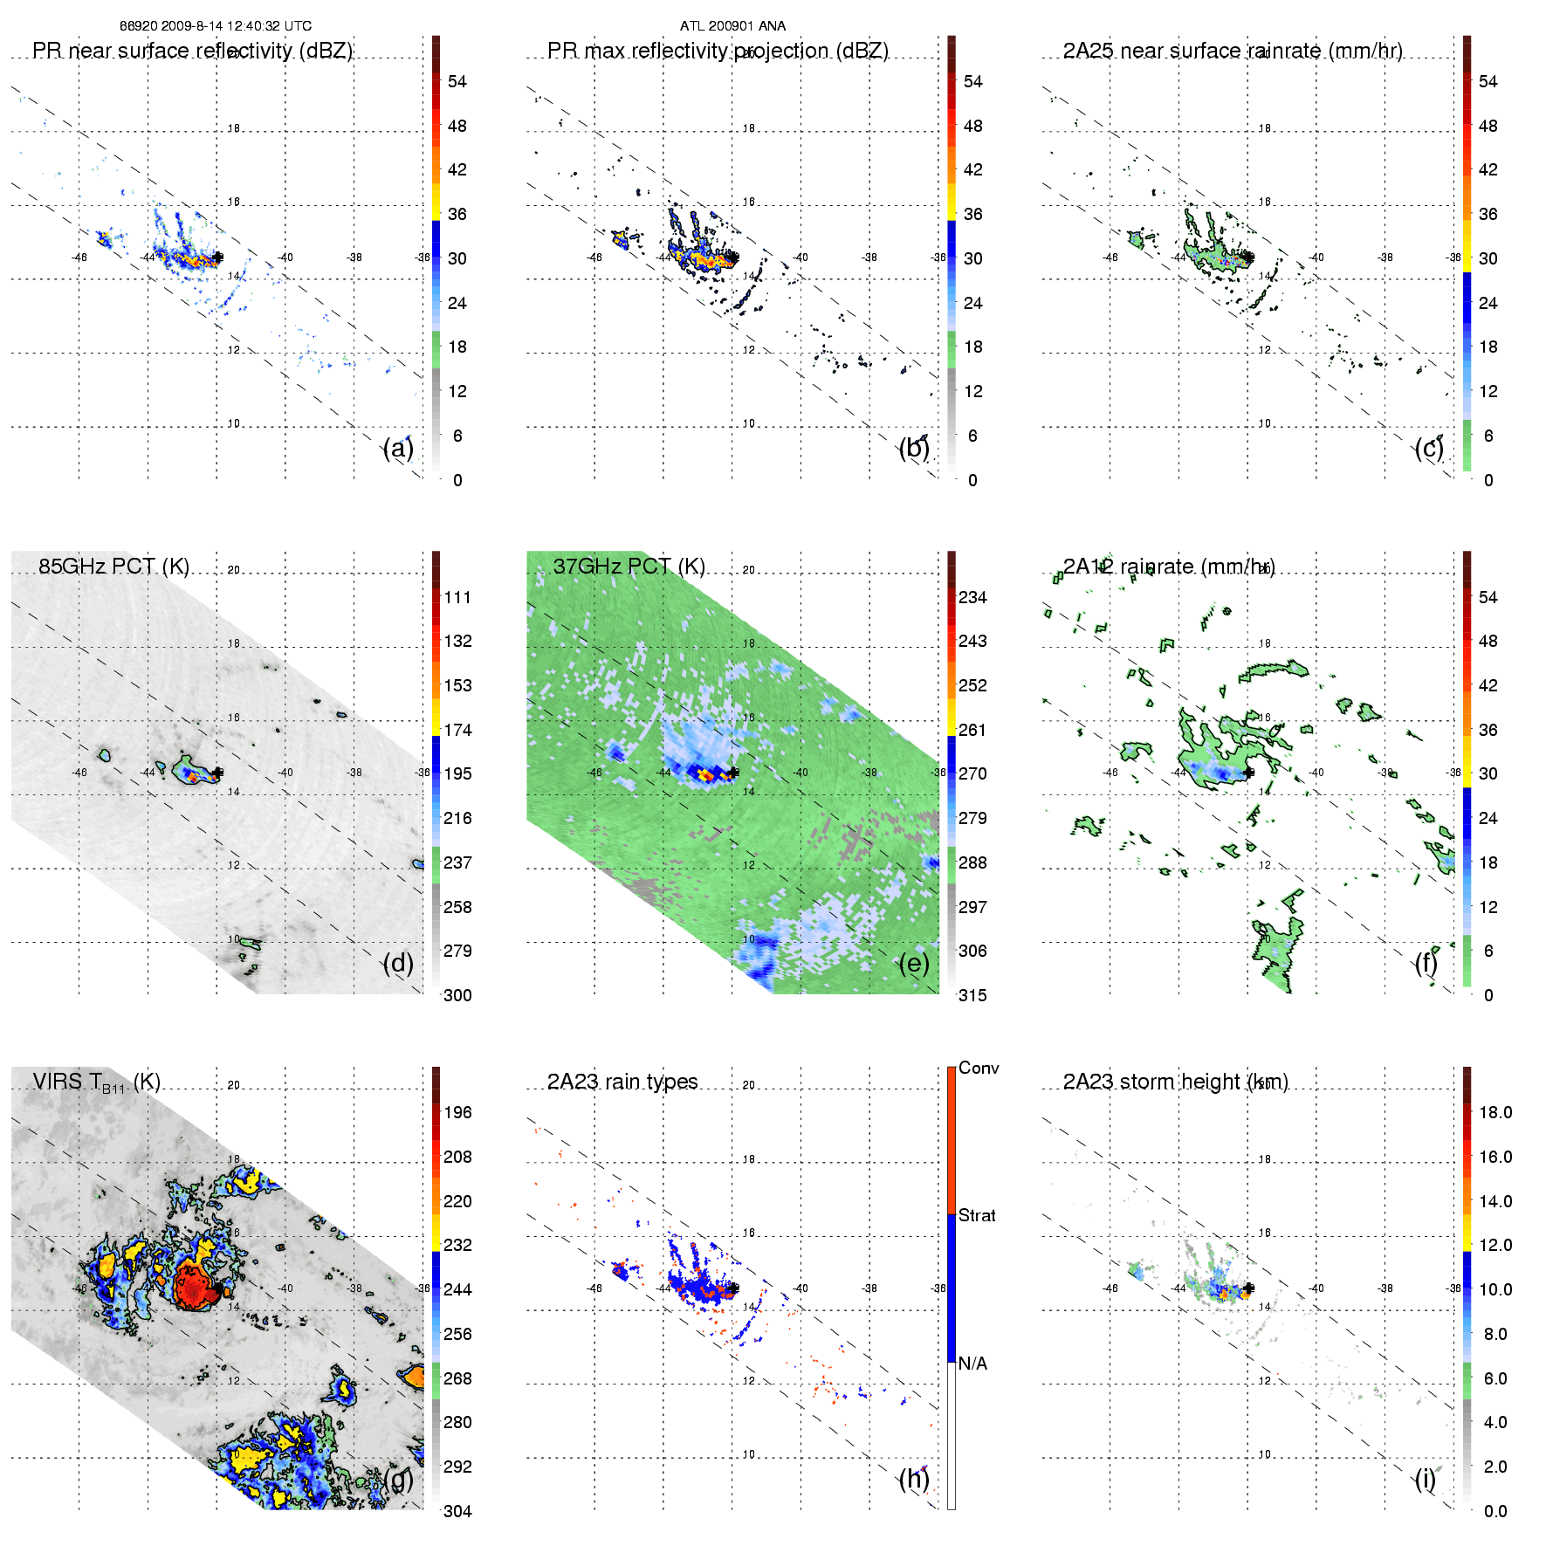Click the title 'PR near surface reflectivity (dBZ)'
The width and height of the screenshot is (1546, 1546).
click(x=192, y=51)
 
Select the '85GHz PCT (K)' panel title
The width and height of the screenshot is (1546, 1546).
click(x=113, y=566)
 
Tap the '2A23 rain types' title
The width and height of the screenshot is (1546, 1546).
click(x=622, y=1082)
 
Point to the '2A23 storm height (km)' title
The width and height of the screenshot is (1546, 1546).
click(x=1175, y=1082)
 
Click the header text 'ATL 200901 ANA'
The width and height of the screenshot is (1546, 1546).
click(x=732, y=26)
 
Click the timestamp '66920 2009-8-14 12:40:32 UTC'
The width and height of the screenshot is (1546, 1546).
click(x=216, y=26)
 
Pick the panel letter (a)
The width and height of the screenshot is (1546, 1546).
click(x=398, y=448)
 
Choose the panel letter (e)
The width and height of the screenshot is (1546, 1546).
click(x=914, y=963)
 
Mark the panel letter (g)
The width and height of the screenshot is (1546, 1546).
click(x=398, y=1479)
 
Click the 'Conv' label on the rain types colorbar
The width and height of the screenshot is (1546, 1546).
click(x=979, y=1068)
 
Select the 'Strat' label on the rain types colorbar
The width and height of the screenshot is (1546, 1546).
click(x=977, y=1215)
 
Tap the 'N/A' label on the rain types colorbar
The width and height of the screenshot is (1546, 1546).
click(x=972, y=1364)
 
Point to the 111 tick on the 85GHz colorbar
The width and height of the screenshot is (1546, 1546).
click(x=457, y=597)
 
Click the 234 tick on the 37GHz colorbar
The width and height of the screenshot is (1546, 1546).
click(x=972, y=597)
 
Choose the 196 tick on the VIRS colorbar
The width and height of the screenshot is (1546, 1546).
click(x=457, y=1112)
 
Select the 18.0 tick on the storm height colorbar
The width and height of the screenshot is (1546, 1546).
click(x=1495, y=1112)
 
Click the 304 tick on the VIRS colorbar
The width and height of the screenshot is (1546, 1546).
click(x=457, y=1511)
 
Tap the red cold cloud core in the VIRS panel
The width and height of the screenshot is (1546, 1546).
click(x=194, y=1285)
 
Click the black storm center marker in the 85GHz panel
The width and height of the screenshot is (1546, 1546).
click(x=217, y=773)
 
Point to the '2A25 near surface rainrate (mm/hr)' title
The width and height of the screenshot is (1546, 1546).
click(x=1233, y=51)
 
